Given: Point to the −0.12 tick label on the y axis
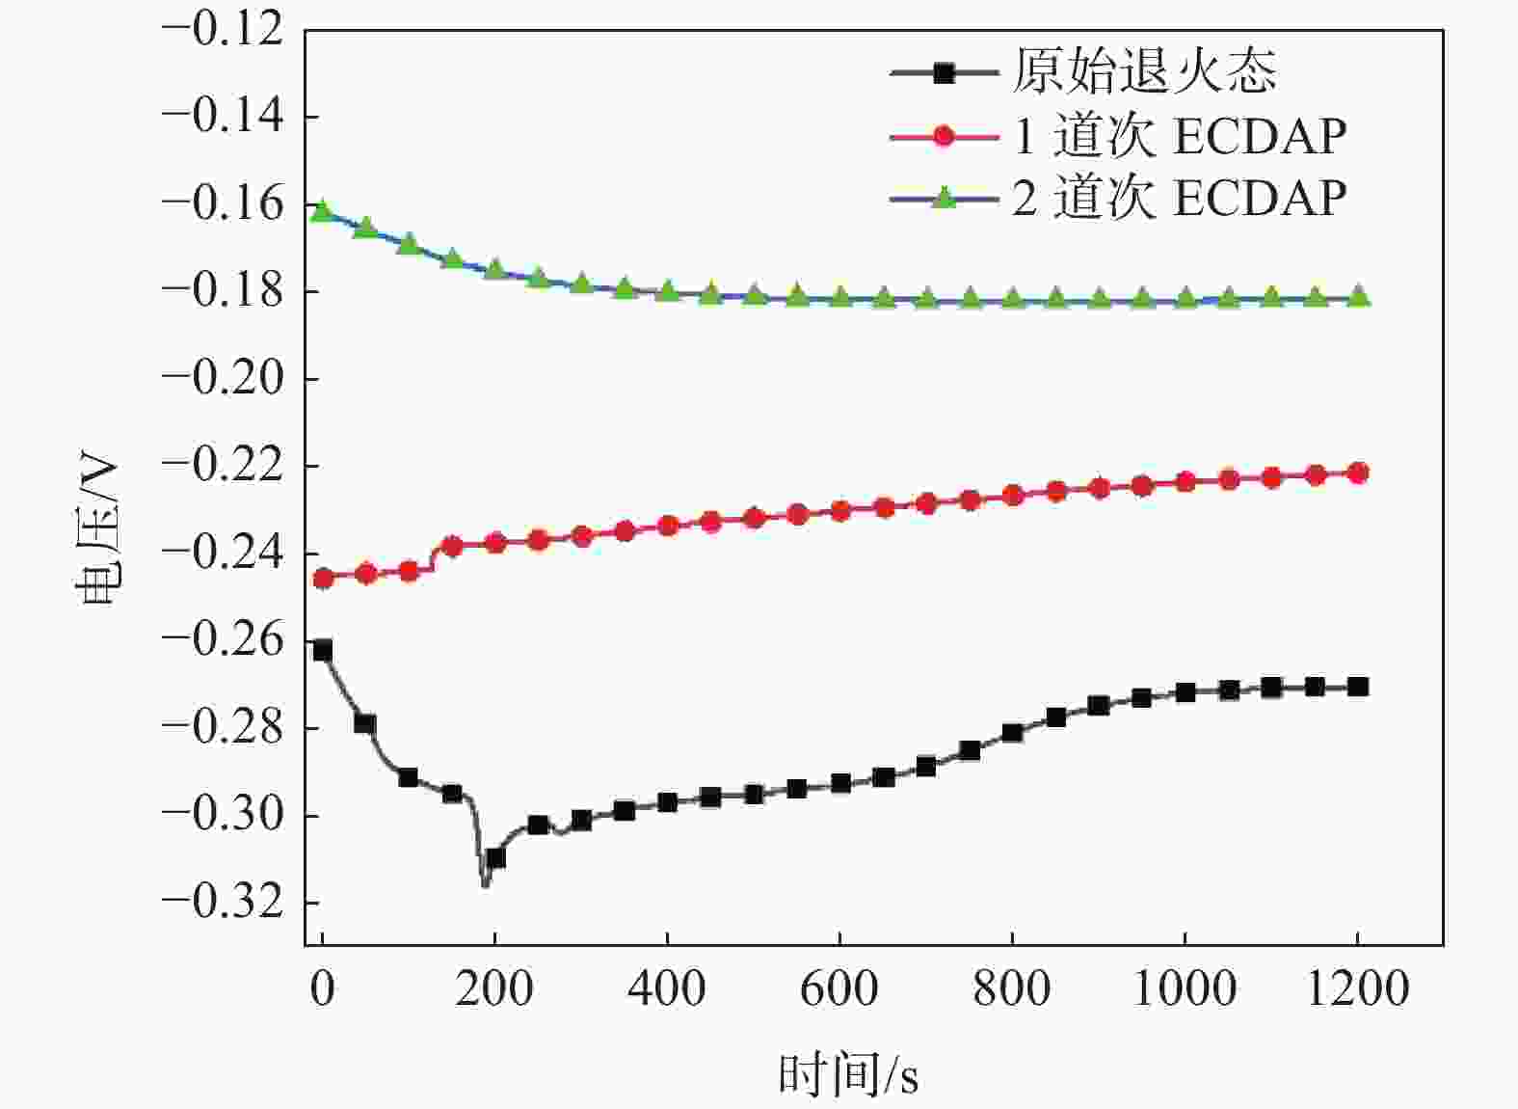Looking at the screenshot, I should (224, 30).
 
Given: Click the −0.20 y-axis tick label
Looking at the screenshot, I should (224, 378).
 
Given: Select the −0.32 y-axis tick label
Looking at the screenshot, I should (224, 903).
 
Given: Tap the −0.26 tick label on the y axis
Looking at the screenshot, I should (224, 640).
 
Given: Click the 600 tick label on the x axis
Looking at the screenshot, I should (839, 988).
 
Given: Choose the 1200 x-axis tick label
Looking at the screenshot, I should (1357, 988).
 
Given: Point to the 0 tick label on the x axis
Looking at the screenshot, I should (322, 988).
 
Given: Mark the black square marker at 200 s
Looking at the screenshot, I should (495, 857).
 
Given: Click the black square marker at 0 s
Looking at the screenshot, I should (322, 650).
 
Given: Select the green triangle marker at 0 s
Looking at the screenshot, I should (322, 210).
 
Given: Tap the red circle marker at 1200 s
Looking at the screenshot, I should (1358, 473).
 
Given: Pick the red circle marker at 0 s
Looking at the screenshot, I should (323, 579).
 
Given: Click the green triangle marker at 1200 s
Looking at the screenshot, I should (1358, 297).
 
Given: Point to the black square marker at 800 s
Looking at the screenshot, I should (1012, 733).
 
